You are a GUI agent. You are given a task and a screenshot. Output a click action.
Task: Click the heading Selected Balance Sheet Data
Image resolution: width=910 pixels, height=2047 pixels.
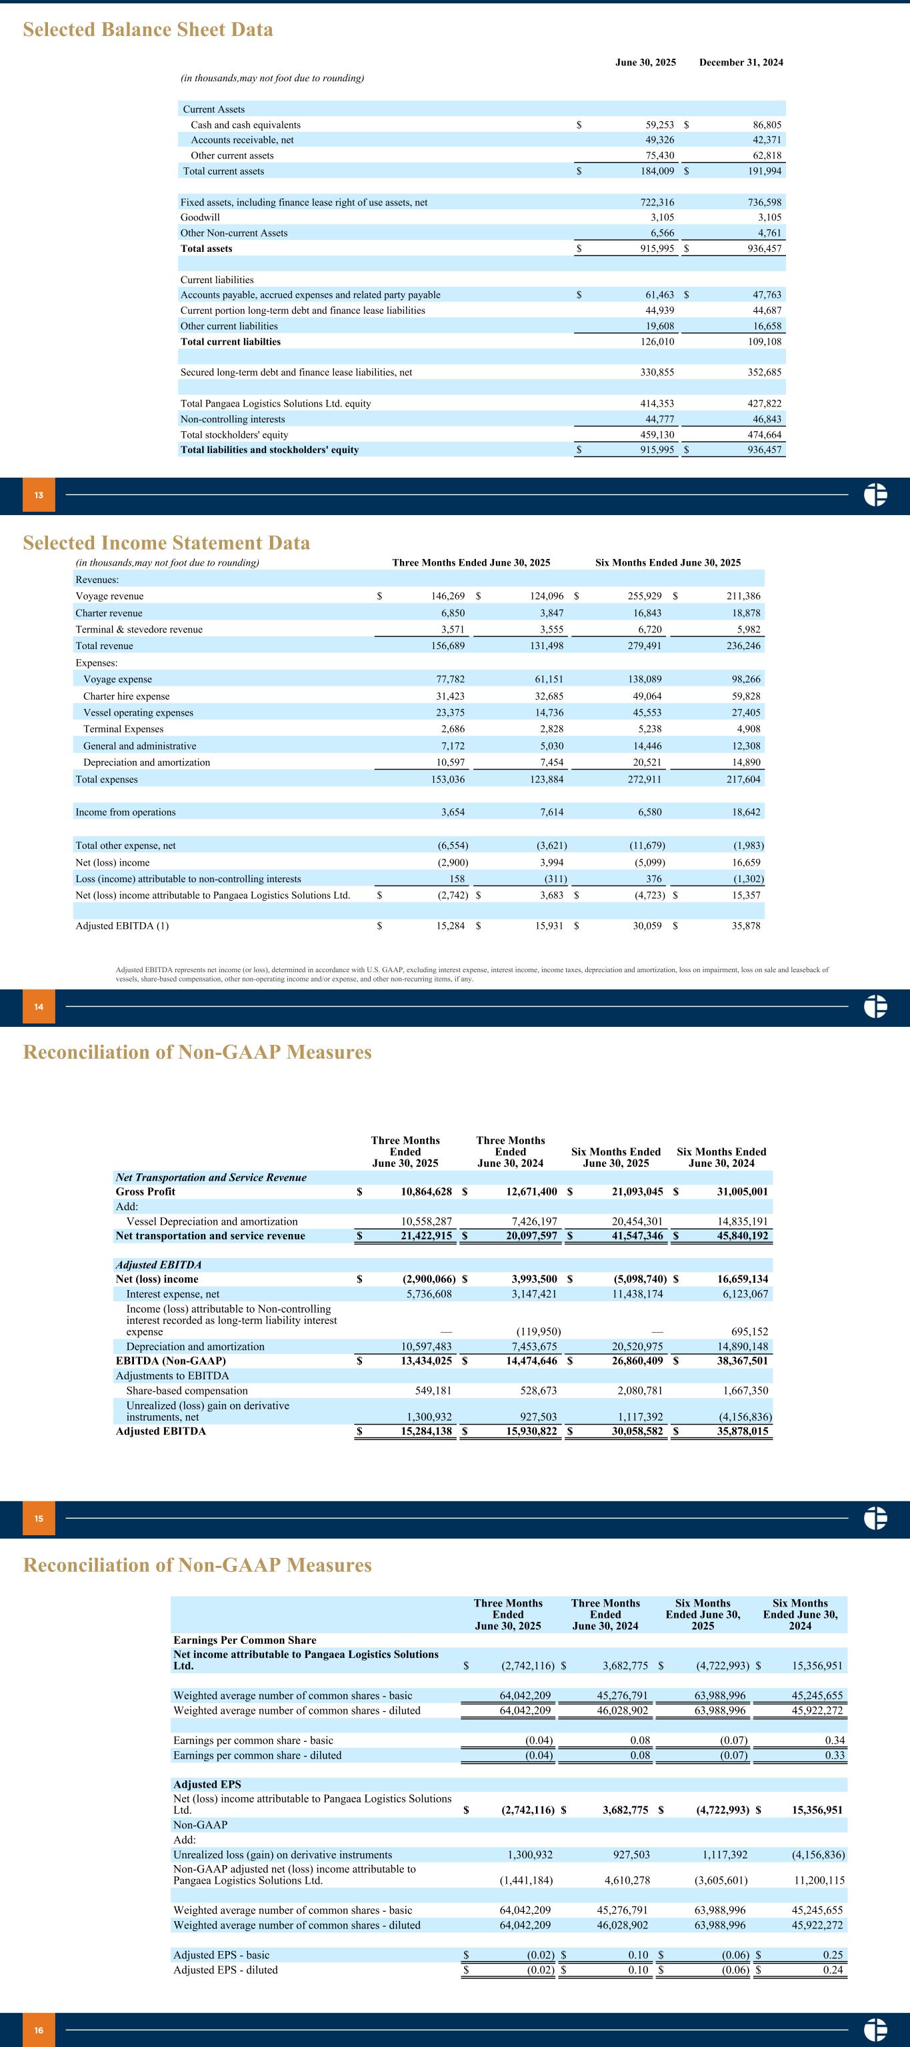coord(148,30)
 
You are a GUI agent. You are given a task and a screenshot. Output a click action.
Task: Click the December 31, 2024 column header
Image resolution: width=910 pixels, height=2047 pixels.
coord(741,62)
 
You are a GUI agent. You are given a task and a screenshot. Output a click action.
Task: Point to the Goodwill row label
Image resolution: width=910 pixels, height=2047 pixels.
coord(200,217)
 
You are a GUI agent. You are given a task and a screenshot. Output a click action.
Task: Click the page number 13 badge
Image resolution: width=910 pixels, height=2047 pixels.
coord(39,496)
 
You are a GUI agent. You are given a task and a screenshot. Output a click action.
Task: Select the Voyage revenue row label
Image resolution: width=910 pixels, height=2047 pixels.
coord(110,596)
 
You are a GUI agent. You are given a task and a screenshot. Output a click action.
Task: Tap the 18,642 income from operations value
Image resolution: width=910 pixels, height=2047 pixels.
coord(745,812)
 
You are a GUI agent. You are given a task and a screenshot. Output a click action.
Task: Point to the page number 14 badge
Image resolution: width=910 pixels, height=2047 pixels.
coord(39,1008)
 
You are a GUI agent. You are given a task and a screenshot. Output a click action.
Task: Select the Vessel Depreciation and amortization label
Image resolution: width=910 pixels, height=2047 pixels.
coord(212,1221)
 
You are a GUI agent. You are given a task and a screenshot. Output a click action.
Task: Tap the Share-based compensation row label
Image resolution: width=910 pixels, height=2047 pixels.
coord(187,1391)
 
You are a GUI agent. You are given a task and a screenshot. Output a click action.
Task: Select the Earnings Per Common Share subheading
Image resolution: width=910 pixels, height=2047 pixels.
coord(245,1640)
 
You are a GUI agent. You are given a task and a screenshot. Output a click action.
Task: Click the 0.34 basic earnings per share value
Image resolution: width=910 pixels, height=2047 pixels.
coord(835,1740)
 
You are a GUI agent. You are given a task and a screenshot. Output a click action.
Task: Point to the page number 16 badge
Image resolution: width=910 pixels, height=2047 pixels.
coord(39,2030)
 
